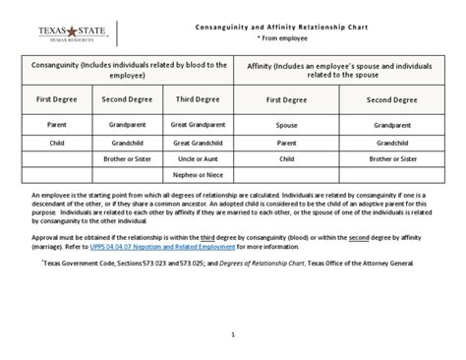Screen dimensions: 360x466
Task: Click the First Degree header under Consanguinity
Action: point(58,99)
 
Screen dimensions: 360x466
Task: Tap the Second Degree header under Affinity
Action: point(392,99)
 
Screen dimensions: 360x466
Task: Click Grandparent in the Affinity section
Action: point(392,126)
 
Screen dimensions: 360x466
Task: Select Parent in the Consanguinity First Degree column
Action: point(58,126)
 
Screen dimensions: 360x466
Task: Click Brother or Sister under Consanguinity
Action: point(126,158)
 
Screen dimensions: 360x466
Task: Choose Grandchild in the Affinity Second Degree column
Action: point(392,143)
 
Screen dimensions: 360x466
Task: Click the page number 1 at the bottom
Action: point(233,334)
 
